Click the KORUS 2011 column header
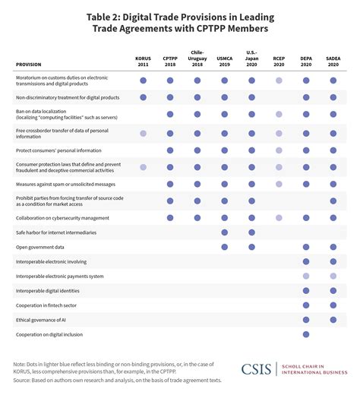point(143,61)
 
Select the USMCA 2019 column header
point(225,61)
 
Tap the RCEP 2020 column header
point(279,61)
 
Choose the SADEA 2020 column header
point(333,61)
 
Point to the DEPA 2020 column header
point(306,61)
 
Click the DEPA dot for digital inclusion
point(306,333)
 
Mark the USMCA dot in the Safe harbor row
point(225,232)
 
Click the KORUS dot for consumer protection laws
point(143,166)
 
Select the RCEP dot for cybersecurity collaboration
point(279,217)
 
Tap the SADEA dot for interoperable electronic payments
point(333,276)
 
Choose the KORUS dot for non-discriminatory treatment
point(143,96)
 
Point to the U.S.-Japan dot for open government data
point(251,247)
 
